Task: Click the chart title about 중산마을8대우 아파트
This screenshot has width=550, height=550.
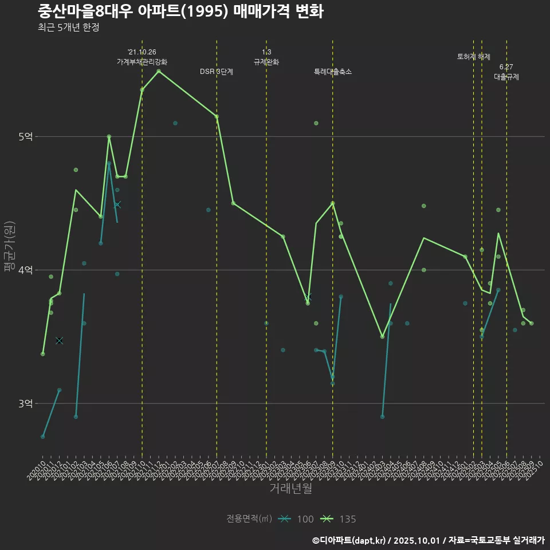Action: [x=180, y=11]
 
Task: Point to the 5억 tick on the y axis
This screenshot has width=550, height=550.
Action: [x=25, y=136]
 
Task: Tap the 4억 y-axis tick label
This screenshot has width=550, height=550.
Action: [x=25, y=270]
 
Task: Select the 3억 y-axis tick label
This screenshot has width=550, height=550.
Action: [x=25, y=403]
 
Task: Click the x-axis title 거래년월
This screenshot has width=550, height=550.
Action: [x=290, y=489]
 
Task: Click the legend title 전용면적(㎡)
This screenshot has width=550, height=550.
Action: [x=249, y=519]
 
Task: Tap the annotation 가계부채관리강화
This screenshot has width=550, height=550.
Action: [x=142, y=62]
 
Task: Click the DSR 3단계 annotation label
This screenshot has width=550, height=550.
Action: [x=216, y=72]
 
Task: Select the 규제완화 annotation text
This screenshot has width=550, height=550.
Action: [x=266, y=62]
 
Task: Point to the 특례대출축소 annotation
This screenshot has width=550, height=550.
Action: [x=332, y=72]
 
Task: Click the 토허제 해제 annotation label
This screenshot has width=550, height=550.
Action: [x=474, y=57]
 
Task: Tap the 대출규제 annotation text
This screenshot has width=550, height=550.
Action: [x=506, y=77]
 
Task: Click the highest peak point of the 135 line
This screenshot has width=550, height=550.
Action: [x=159, y=71]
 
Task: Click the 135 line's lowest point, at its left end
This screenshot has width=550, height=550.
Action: [x=43, y=354]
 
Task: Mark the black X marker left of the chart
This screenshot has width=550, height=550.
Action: [x=59, y=340]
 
